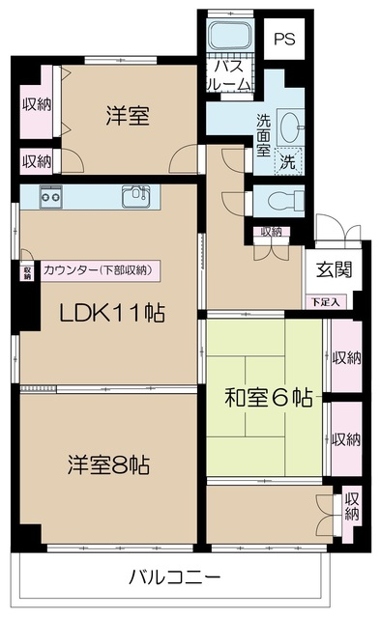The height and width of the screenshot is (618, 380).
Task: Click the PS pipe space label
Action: click(x=285, y=39)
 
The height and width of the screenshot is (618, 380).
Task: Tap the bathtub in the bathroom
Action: click(x=230, y=36)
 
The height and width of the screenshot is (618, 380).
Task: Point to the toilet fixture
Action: click(x=286, y=201)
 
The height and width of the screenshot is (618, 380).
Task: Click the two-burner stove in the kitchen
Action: click(x=50, y=196)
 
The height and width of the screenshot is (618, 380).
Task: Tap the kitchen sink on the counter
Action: click(x=136, y=196)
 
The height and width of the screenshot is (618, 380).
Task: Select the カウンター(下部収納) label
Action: click(x=99, y=270)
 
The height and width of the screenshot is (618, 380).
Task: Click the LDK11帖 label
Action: click(x=112, y=313)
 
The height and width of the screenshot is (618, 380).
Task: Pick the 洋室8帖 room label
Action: click(x=108, y=465)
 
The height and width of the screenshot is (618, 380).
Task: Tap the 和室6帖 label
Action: click(x=269, y=398)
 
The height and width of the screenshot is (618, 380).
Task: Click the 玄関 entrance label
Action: click(x=334, y=270)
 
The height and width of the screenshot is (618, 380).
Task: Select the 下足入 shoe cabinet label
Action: click(x=326, y=302)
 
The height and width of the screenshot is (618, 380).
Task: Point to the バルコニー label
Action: click(x=174, y=578)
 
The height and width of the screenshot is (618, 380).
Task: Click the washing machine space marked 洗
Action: click(x=287, y=161)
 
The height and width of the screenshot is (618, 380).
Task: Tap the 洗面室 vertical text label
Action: click(x=263, y=135)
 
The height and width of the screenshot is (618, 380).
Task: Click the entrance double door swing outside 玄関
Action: click(x=338, y=232)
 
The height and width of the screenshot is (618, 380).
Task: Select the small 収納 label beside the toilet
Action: click(x=272, y=232)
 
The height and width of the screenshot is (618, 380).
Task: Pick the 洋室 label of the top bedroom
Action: click(x=128, y=116)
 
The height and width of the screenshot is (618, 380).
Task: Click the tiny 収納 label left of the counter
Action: click(x=28, y=272)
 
